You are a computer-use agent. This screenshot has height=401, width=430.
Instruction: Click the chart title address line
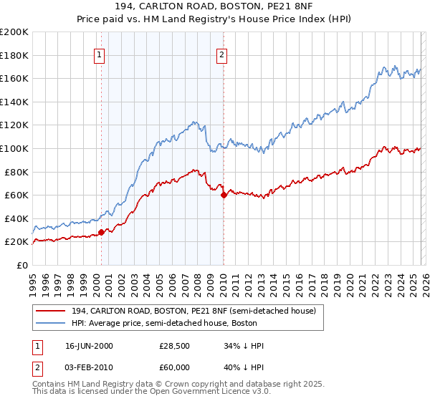point(214,6)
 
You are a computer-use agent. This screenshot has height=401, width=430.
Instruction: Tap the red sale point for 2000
point(101,231)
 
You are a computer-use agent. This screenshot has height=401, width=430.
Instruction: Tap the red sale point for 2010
point(224,195)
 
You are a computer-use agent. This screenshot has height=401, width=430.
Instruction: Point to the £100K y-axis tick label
point(14,148)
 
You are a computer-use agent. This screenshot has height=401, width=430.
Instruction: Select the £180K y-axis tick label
point(14,55)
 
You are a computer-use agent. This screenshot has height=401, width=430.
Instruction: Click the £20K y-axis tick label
point(16,242)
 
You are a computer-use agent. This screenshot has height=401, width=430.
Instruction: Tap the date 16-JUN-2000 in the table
point(89,346)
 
